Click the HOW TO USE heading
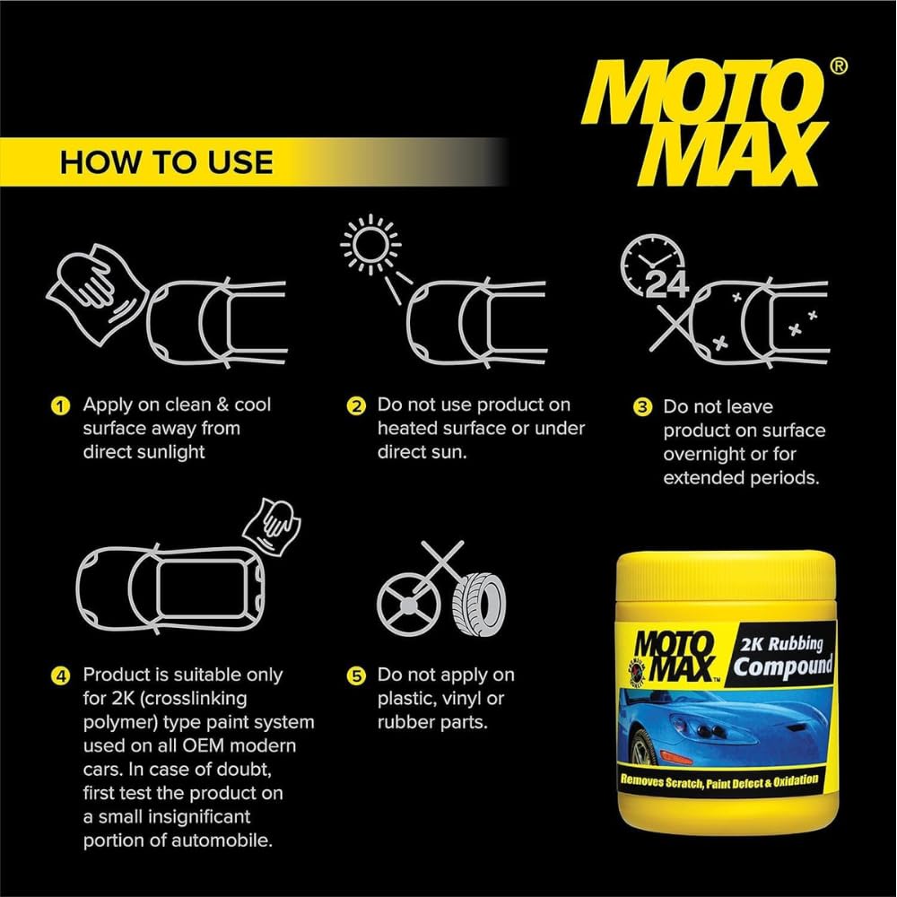point(167,162)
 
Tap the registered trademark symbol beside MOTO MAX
point(838,66)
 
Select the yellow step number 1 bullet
point(60,406)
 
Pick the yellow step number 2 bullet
point(356,406)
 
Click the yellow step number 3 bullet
point(642,406)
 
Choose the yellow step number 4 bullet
point(60,676)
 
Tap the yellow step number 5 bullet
point(356,676)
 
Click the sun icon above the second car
point(370,244)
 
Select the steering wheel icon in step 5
point(409,604)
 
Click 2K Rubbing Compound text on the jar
point(782,656)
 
